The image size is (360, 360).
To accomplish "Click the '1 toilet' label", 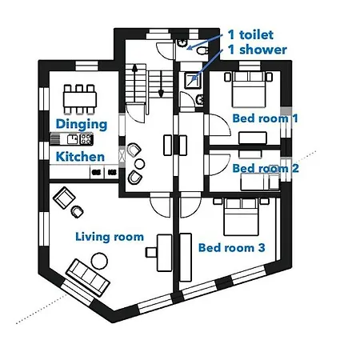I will pos(250,34).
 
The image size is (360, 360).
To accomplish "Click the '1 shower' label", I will pos(256,50).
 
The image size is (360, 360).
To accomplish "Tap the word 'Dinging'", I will pos(81,124).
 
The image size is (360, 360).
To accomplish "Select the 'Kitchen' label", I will pos(80,157).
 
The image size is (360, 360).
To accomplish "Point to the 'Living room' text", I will pos(110,236).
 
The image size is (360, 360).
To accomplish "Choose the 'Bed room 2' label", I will pos(266,168).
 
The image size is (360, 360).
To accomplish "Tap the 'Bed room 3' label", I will pos(231,247).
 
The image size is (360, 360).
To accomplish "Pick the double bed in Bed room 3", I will pos(240,214).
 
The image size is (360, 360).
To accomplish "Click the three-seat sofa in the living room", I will pos(87,275).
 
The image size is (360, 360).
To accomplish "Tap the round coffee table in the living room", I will pos(100,259).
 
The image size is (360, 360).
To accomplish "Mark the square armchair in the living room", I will pos(62,197).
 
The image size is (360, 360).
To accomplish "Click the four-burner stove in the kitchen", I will pos(86,139).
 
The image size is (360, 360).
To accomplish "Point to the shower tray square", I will pos(193,78).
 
